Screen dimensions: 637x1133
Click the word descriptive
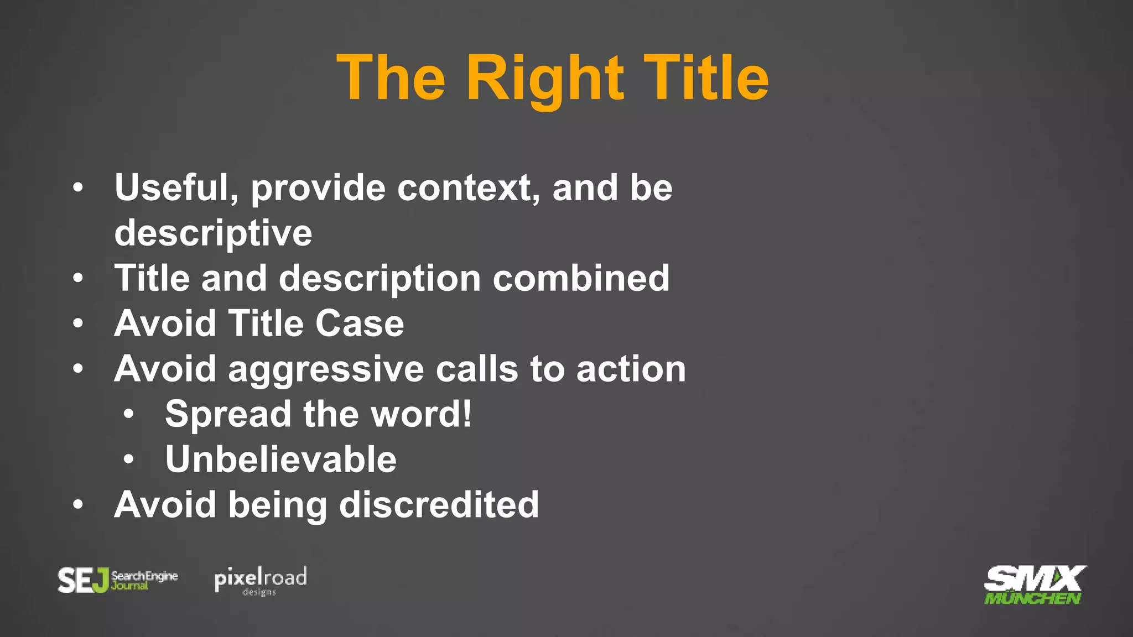click(x=213, y=233)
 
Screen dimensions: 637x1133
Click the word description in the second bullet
click(x=380, y=278)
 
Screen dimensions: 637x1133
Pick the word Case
click(x=360, y=323)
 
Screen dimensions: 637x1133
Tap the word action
click(x=631, y=369)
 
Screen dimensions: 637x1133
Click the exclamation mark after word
click(x=467, y=414)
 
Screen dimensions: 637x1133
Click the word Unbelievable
click(x=280, y=460)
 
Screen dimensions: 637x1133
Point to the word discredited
click(x=439, y=505)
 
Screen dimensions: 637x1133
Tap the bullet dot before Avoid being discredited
click(x=78, y=504)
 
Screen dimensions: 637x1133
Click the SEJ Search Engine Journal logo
click(x=118, y=580)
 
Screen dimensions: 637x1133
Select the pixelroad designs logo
click(x=260, y=581)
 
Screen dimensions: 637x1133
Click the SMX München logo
click(x=1033, y=585)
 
